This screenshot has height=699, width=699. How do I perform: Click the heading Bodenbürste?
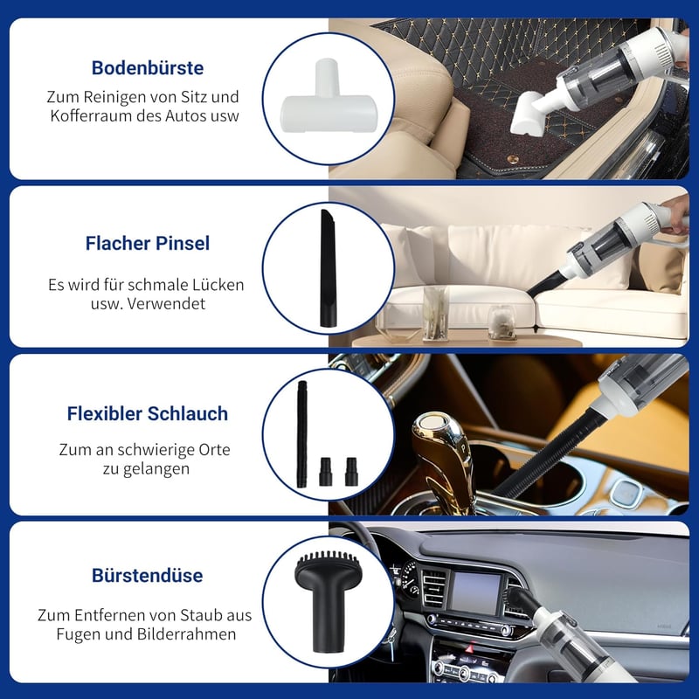tap(148, 68)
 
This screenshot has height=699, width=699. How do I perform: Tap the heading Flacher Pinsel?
tap(148, 244)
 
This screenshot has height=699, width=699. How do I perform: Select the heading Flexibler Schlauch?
tap(148, 413)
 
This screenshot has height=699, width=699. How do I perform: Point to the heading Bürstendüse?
tap(148, 576)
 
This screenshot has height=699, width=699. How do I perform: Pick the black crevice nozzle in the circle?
tap(329, 268)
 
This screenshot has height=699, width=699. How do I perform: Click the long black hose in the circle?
tap(302, 433)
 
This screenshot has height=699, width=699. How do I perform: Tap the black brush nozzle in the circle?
tap(329, 602)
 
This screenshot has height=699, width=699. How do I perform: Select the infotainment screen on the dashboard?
tap(475, 592)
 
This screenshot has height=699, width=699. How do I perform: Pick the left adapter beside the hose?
tap(325, 471)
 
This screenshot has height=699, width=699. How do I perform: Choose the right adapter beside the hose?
tap(351, 471)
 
